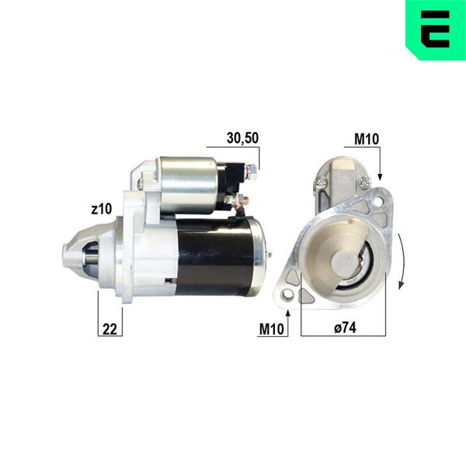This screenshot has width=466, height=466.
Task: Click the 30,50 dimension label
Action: pos(242,138)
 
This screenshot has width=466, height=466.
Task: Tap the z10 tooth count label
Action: pos(102,209)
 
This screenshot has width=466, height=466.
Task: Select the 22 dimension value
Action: pos(110,329)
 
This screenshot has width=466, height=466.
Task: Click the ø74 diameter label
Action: pos(345,328)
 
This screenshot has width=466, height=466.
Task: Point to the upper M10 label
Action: pos(367,139)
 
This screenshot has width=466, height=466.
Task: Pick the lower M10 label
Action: pos(272,329)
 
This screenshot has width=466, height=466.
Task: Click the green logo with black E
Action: pos(436,30)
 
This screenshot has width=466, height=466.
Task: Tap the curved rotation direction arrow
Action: pos(402,261)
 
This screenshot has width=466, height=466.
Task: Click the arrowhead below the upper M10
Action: pos(380,177)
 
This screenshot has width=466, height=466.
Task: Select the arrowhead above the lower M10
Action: pos(287,313)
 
